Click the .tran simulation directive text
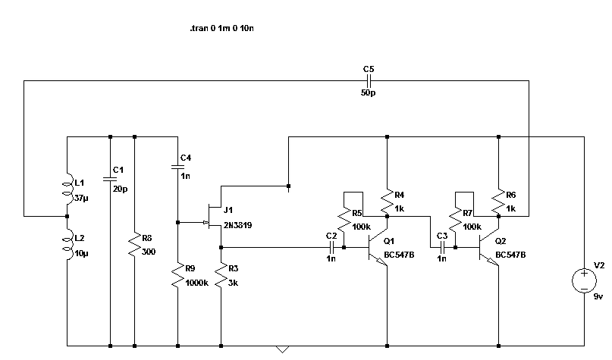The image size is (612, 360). [221, 28]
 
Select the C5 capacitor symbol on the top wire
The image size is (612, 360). [369, 81]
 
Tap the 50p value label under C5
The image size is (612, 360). [368, 92]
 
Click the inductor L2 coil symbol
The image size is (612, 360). [68, 245]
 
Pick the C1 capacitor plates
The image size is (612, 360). [110, 179]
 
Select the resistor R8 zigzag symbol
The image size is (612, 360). [135, 245]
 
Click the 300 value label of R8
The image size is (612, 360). [149, 252]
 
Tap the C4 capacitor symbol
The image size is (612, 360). [178, 167]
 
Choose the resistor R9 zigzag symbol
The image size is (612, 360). [178, 275]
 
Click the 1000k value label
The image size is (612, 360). [196, 283]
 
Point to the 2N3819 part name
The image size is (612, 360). [237, 225]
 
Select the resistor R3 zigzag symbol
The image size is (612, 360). [221, 275]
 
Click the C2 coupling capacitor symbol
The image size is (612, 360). [331, 247]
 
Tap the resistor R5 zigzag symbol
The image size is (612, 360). [344, 220]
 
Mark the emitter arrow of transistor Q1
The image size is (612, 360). [381, 262]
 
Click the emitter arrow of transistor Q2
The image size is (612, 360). [493, 262]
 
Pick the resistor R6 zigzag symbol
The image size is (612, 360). [498, 202]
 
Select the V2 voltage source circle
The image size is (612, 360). [584, 280]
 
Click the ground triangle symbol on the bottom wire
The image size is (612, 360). [283, 349]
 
